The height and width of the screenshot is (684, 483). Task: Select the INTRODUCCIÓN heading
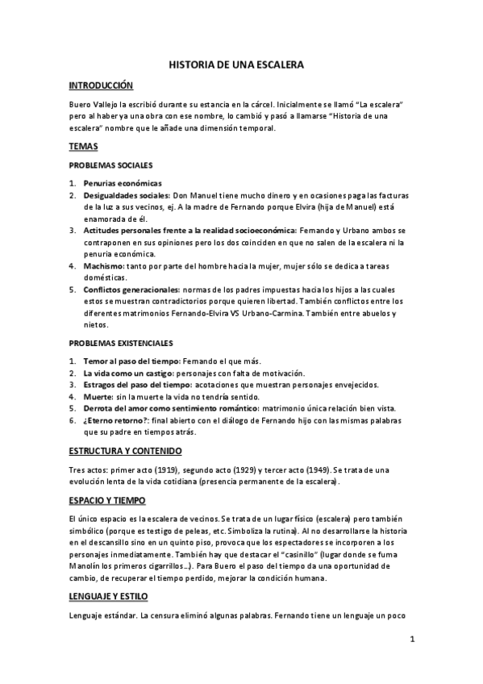[101, 85]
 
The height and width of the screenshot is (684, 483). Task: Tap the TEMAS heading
[83, 146]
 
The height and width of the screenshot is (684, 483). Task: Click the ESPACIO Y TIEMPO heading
[107, 500]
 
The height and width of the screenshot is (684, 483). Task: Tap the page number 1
[412, 640]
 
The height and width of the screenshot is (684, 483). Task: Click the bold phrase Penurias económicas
[123, 183]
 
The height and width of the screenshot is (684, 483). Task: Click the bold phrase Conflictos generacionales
[132, 289]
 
